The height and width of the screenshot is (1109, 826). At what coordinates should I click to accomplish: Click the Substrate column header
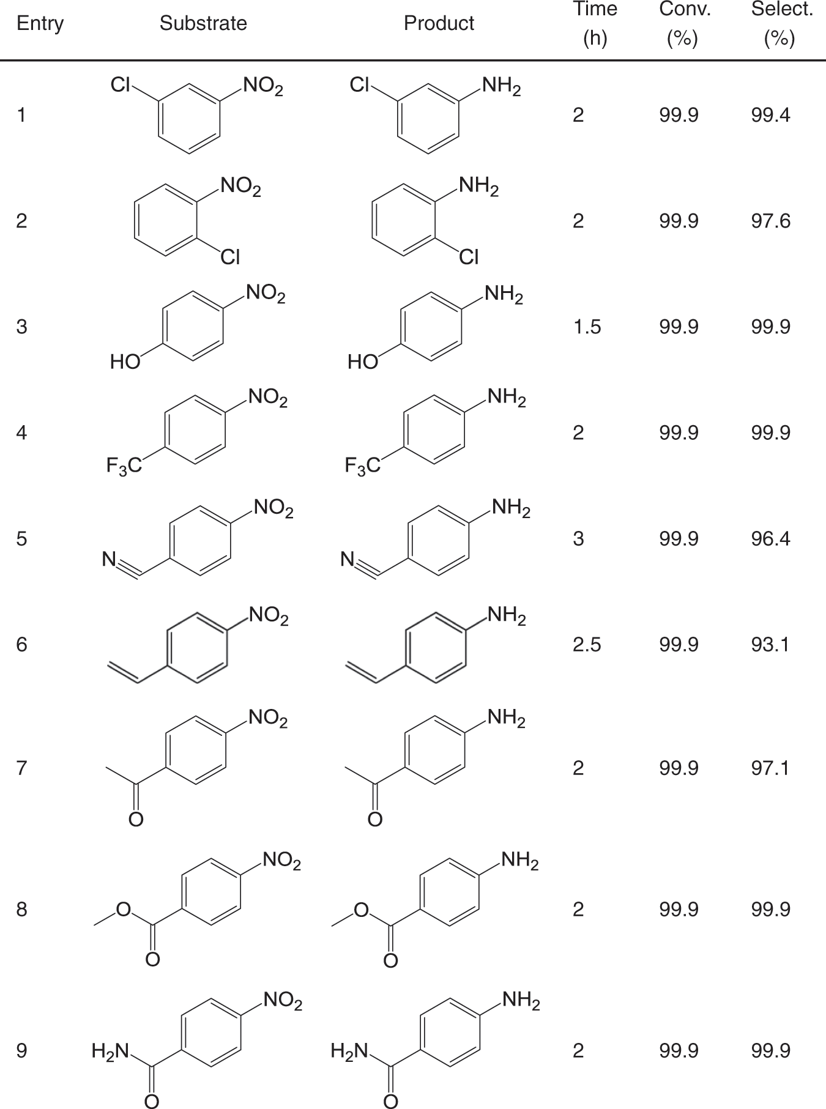[203, 23]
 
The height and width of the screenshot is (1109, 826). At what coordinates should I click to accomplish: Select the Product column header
[439, 23]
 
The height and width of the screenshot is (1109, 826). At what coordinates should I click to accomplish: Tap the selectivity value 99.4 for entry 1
[770, 115]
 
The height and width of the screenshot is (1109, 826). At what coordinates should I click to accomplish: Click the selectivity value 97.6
[770, 221]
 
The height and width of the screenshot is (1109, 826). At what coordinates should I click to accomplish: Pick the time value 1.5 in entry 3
[587, 327]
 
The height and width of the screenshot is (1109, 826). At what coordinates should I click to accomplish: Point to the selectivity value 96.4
[770, 539]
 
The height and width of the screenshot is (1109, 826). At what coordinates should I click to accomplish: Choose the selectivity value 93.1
[770, 645]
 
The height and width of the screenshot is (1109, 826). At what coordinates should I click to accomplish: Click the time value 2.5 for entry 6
[587, 645]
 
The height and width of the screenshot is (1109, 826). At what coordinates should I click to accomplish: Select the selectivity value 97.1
[770, 768]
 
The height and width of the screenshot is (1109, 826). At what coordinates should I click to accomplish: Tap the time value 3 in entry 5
[578, 539]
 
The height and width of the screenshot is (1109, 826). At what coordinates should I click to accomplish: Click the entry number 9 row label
[21, 1051]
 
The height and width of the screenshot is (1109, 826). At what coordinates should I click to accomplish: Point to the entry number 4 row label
[21, 433]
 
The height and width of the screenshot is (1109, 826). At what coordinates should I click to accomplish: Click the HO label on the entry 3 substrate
[125, 362]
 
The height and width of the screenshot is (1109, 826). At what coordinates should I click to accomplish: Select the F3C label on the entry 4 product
[362, 467]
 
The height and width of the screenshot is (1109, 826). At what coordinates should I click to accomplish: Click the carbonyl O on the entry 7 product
[375, 818]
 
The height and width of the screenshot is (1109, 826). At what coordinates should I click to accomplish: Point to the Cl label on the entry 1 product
[359, 85]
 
